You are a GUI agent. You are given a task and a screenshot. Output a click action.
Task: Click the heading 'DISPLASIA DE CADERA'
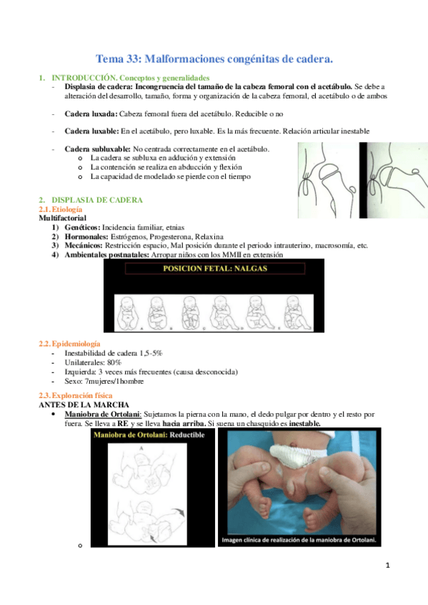(x=97, y=200)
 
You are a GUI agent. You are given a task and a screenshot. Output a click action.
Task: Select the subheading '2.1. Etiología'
(x=61, y=209)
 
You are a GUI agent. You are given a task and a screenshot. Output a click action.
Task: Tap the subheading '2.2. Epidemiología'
(x=69, y=343)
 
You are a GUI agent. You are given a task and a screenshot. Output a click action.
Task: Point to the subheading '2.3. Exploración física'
(x=76, y=395)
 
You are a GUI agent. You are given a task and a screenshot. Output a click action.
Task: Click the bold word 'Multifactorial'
(x=62, y=218)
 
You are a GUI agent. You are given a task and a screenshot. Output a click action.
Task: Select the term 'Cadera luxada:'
(x=91, y=114)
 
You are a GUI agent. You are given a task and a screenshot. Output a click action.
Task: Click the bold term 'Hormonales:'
(x=86, y=237)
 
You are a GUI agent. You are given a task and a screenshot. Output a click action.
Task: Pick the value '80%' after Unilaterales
(x=114, y=362)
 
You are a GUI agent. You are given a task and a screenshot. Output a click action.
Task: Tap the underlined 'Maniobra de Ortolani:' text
(x=103, y=415)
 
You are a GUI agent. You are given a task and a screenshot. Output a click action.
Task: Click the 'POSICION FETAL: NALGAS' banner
(x=215, y=268)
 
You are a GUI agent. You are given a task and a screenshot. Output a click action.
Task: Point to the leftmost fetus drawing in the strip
(x=127, y=313)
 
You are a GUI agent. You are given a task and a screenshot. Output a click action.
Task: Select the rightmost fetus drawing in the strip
(x=297, y=313)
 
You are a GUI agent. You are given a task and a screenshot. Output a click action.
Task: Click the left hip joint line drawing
(x=328, y=181)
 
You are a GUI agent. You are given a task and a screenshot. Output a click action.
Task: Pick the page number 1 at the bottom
(x=388, y=566)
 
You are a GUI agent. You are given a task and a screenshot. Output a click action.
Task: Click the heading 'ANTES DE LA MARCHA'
(x=84, y=405)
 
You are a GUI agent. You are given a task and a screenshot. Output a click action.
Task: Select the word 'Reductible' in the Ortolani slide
(x=187, y=435)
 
